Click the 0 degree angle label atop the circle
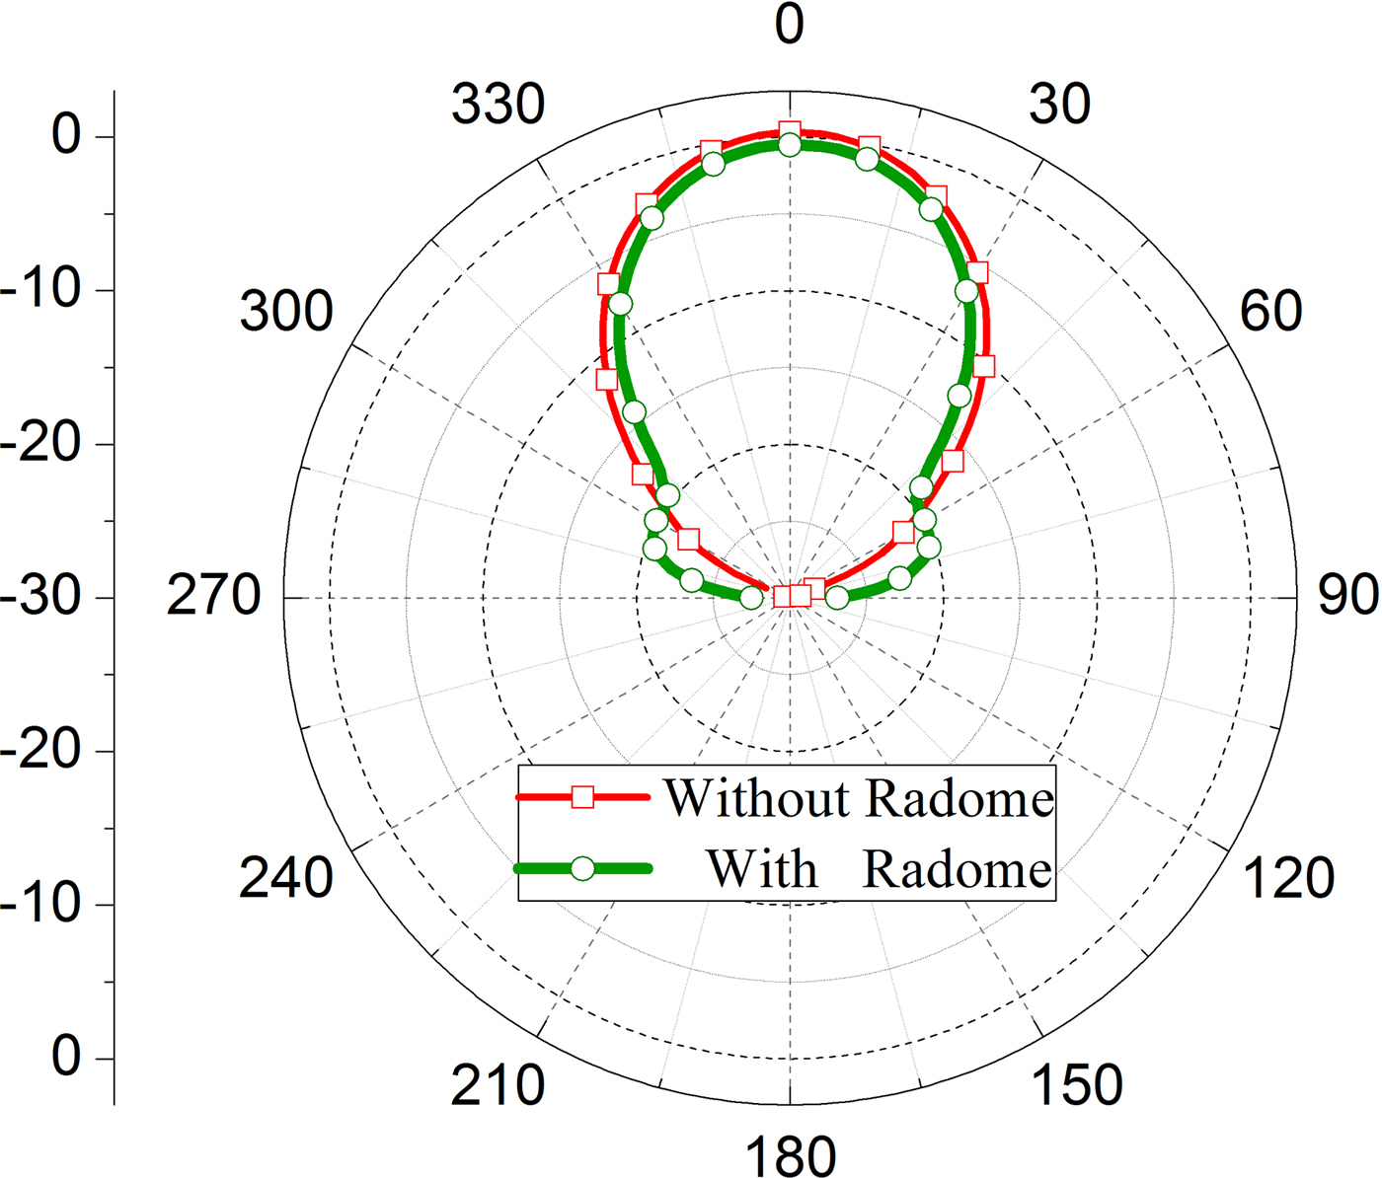point(789,25)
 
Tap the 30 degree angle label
point(1059,104)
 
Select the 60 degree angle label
point(1270,311)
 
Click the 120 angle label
point(1288,878)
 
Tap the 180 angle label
point(791,1155)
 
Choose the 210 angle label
point(498,1085)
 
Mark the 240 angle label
point(286,878)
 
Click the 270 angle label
point(213,596)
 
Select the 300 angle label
point(286,312)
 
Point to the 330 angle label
point(498,105)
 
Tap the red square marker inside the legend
point(583,797)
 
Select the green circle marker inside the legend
point(583,868)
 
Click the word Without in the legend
point(756,798)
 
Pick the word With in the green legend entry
point(762,869)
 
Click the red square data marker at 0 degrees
point(789,132)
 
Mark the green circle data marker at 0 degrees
point(790,146)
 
